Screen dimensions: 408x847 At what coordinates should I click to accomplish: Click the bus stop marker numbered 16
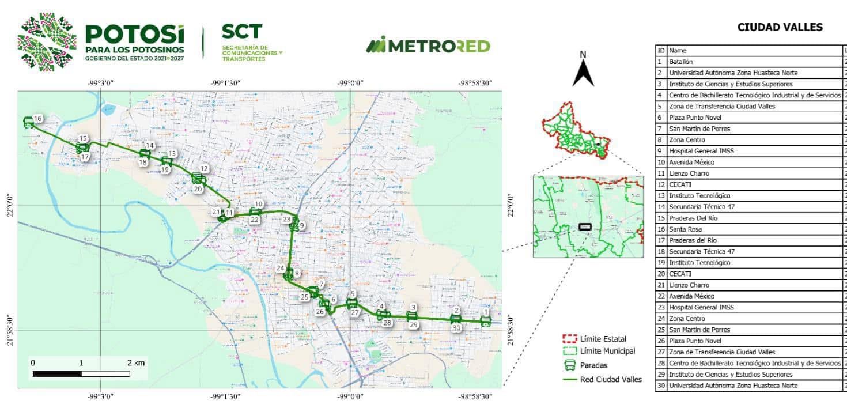tap(29, 122)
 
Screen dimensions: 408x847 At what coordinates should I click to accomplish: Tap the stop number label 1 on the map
tap(486, 312)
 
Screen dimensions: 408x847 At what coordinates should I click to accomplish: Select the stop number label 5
tap(353, 294)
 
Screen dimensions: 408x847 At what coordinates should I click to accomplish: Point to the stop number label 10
tap(259, 204)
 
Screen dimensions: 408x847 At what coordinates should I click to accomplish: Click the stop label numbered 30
tap(456, 328)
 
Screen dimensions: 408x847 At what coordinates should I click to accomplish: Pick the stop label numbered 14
tap(150, 146)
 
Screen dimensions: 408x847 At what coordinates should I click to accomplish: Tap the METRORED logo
tap(428, 46)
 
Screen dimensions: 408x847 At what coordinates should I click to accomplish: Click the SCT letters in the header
tap(241, 32)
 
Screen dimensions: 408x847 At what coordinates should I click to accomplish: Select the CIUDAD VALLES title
tap(780, 27)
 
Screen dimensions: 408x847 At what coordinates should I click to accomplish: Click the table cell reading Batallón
tap(681, 62)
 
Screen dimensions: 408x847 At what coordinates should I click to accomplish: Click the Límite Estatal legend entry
tap(603, 339)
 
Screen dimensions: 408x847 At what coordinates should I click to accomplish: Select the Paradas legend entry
tap(593, 365)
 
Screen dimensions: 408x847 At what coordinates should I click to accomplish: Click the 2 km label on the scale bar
tap(136, 363)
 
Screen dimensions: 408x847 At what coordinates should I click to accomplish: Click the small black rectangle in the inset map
tap(585, 227)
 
